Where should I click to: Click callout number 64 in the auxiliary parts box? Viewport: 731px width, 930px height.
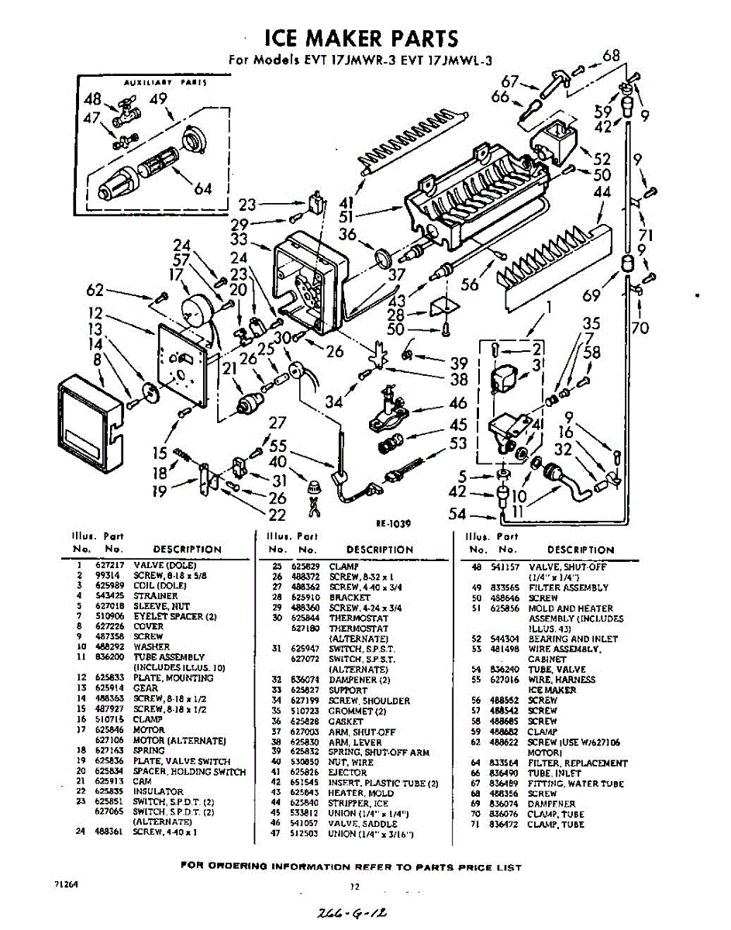pos(203,188)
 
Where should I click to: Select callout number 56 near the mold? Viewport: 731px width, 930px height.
pos(470,284)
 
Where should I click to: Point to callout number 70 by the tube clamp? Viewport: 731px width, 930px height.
pos(640,328)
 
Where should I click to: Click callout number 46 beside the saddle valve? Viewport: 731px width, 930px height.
pos(458,402)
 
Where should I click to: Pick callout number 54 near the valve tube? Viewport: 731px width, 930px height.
pos(458,514)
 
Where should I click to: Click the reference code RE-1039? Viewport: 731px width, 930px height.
pos(393,524)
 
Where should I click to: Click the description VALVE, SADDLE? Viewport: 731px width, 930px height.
pos(359,823)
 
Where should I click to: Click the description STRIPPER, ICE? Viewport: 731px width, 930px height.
pos(359,803)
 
